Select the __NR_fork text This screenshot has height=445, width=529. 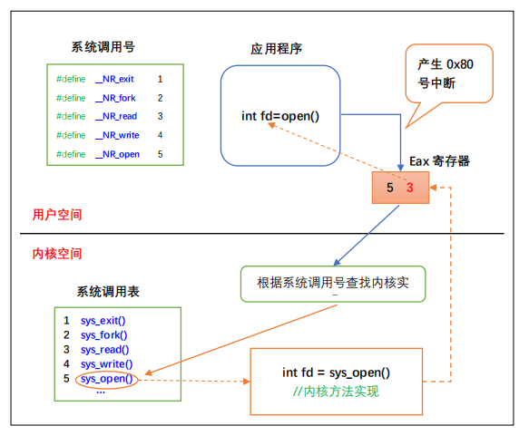116,98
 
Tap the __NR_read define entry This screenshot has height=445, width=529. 116,116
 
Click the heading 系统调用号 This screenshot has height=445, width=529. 103,46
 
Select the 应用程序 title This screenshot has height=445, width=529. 277,48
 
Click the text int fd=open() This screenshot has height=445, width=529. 280,115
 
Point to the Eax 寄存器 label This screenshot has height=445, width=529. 439,160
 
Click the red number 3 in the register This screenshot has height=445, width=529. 410,188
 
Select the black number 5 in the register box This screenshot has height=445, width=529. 390,188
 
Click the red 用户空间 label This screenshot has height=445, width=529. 57,215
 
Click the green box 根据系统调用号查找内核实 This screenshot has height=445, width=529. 333,283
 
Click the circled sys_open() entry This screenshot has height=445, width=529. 105,379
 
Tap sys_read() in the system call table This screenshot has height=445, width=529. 104,350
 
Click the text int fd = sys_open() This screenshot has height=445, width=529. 336,372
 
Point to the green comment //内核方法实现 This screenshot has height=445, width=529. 336,392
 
